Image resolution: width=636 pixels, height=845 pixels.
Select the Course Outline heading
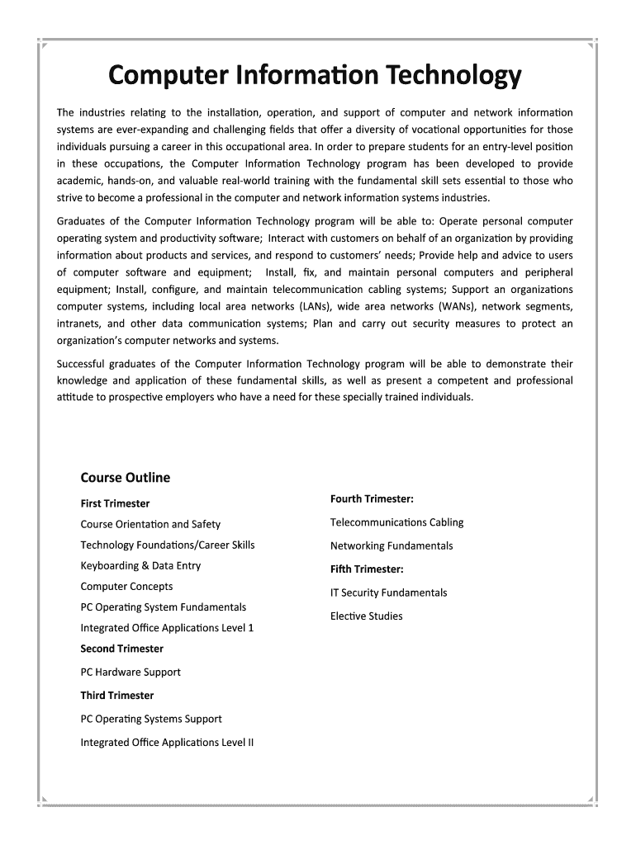125,478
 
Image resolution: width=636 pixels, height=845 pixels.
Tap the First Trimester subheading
115,503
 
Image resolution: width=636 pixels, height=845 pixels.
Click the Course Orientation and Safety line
150,524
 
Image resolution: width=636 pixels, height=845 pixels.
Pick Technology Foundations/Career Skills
168,545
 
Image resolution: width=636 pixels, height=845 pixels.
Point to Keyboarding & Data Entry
140,565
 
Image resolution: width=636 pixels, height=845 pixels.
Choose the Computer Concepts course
126,587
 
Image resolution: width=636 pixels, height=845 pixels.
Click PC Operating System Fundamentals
164,607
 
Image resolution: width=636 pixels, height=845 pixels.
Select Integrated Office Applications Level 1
167,628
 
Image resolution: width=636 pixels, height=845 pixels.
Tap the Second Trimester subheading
121,649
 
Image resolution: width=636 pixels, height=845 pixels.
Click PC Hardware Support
131,673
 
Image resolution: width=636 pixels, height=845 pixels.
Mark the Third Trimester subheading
116,696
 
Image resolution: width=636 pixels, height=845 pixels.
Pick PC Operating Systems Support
151,719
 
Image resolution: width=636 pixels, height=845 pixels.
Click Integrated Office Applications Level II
167,743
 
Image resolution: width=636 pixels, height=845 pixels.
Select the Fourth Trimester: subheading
372,498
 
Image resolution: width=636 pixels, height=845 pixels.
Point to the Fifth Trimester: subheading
367,569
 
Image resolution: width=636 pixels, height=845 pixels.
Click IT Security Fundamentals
388,592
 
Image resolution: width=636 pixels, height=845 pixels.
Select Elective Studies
367,616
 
